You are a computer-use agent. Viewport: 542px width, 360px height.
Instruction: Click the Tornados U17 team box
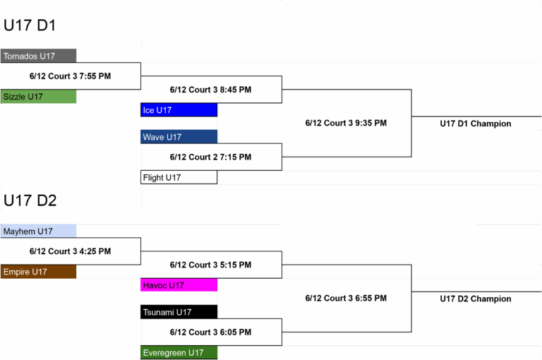tap(38, 56)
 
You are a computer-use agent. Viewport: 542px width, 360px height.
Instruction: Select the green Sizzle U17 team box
tap(38, 97)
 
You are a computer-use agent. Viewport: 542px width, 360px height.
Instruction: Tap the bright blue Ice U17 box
tap(179, 110)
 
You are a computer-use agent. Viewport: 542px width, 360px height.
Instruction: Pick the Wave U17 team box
tap(179, 137)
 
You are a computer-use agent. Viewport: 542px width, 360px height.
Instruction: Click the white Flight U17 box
tap(179, 177)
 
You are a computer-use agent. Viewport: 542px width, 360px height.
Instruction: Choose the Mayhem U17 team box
tap(38, 231)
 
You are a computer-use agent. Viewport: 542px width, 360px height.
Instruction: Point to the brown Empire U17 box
tap(38, 272)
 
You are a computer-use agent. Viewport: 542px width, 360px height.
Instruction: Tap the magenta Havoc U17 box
tap(179, 285)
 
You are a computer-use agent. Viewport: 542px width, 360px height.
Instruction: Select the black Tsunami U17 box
tap(179, 312)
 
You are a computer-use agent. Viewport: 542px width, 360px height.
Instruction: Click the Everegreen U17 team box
tap(179, 353)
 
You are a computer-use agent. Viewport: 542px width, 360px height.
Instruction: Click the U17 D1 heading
tap(30, 25)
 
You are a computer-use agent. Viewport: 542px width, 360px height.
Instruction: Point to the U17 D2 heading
tap(30, 200)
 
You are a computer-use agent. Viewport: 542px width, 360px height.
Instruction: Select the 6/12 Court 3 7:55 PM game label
tap(70, 76)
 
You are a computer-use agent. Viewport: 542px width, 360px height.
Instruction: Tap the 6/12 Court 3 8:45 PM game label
tap(210, 90)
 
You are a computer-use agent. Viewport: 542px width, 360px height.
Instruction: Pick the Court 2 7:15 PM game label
tap(210, 157)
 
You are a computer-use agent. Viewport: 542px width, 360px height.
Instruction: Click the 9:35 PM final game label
tap(346, 123)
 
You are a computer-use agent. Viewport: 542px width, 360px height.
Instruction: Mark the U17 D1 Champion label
tap(476, 124)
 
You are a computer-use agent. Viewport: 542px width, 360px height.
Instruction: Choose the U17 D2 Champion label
tap(476, 299)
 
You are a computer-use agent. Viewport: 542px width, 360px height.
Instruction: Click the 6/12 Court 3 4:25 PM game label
tap(70, 251)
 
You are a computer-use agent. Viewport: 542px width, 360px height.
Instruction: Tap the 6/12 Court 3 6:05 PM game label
tap(210, 332)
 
